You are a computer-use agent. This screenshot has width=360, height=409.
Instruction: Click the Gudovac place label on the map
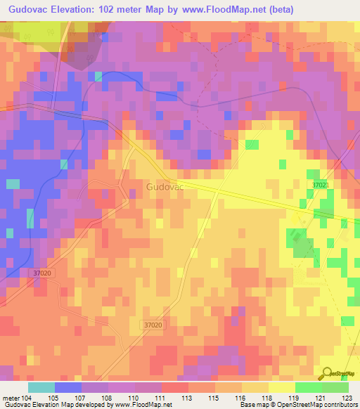(165, 188)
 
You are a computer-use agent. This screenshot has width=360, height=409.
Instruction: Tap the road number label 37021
(321, 185)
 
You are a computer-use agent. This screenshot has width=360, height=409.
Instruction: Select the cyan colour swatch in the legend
(41, 387)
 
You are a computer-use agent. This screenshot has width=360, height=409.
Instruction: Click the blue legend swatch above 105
(68, 387)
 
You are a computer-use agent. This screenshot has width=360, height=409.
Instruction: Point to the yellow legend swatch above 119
(282, 387)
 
